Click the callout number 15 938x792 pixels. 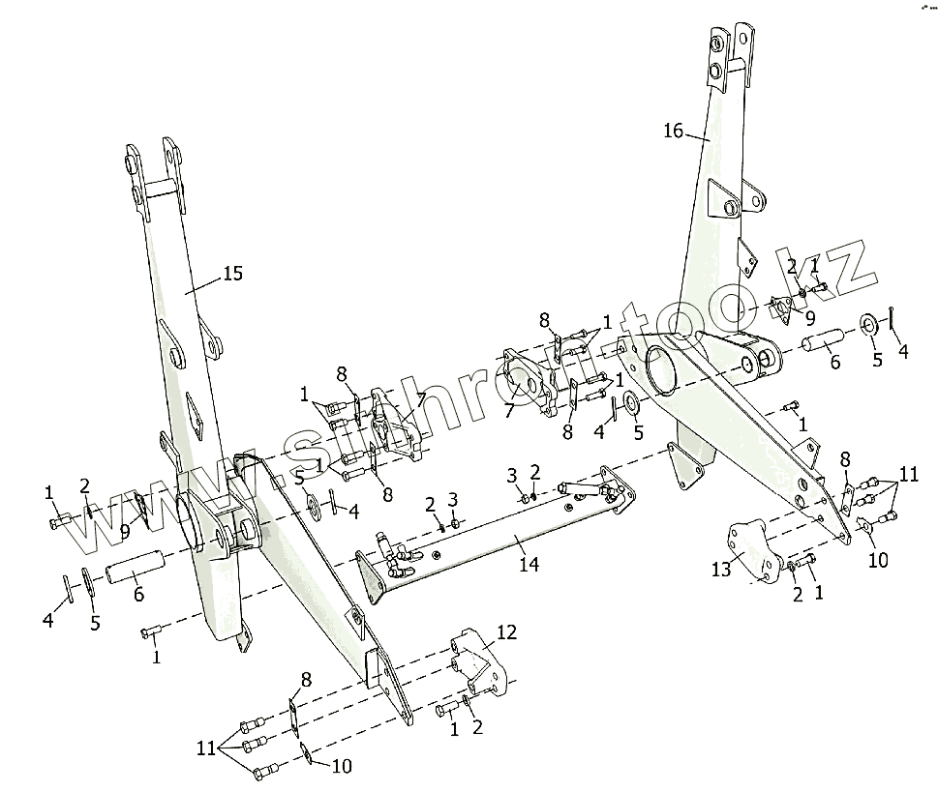pyautogui.click(x=232, y=274)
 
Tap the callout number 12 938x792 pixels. pyautogui.click(x=507, y=632)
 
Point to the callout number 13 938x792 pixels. pyautogui.click(x=721, y=570)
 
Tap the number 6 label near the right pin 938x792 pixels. pyautogui.click(x=834, y=363)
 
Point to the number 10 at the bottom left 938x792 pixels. pyautogui.click(x=343, y=767)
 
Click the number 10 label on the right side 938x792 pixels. pyautogui.click(x=878, y=560)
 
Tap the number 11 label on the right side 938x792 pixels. pyautogui.click(x=908, y=475)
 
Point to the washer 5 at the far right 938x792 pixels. pyautogui.click(x=867, y=323)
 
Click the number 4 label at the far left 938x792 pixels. pyautogui.click(x=48, y=621)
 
